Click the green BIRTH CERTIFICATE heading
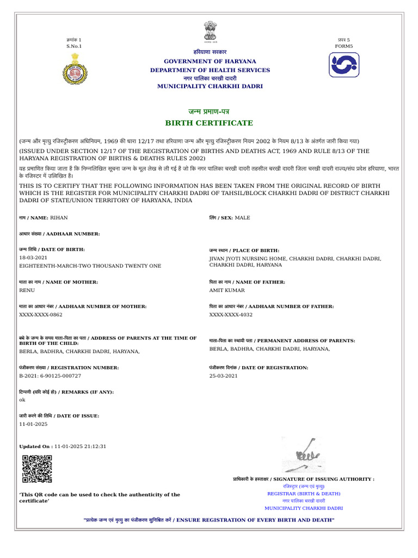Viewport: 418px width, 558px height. pos(210,123)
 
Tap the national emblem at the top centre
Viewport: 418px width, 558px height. pos(210,32)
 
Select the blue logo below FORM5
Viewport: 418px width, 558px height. pos(344,65)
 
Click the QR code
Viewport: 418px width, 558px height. pos(37,469)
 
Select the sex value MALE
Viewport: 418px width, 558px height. pos(243,217)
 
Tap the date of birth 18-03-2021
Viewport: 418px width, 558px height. pos(33,257)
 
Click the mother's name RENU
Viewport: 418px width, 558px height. pos(27,290)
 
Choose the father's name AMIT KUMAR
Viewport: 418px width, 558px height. pos(227,290)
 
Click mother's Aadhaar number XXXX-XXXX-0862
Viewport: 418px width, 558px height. pos(41,314)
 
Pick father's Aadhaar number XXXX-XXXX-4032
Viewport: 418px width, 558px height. pos(231,314)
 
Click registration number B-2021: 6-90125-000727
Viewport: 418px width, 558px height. pos(50,376)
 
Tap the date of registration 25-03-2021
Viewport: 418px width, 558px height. pos(224,376)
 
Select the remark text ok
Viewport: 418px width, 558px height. pos(22,400)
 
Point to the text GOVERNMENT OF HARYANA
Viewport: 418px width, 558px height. pos(210,62)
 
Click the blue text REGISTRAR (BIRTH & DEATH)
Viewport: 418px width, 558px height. pos(304,494)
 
